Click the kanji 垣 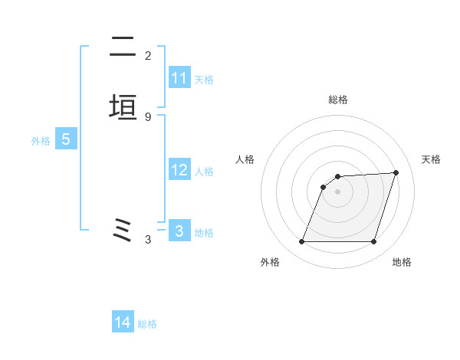pos(123,107)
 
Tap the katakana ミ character pos(123,230)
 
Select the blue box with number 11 pos(179,78)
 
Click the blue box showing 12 pos(179,170)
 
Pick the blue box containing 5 pos(65,139)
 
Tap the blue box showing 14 pos(123,322)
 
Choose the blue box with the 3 pos(179,231)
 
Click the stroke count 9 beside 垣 pos(148,116)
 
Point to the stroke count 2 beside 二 pos(148,55)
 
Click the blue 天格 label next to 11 pos(204,79)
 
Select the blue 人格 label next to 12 pos(204,171)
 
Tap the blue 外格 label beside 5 pos(41,140)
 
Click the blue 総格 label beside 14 pos(147,323)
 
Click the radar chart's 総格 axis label pos(338,100)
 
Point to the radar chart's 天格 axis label pos(432,159)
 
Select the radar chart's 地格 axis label pos(402,262)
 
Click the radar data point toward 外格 pos(302,242)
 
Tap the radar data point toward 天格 pos(396,172)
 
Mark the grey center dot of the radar pos(338,191)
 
